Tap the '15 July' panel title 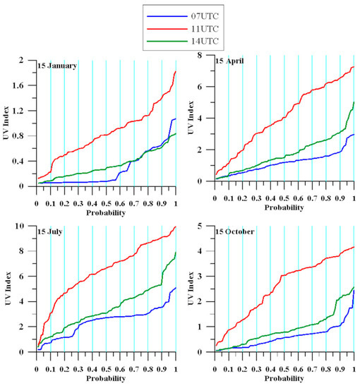pyautogui.click(x=53, y=234)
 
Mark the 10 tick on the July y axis pyautogui.click(x=25, y=226)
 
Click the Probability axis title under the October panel pyautogui.click(x=284, y=382)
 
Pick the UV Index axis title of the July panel pyautogui.click(x=10, y=289)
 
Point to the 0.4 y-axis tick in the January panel pyautogui.click(x=25, y=161)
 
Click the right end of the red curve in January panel pyautogui.click(x=175, y=71)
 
